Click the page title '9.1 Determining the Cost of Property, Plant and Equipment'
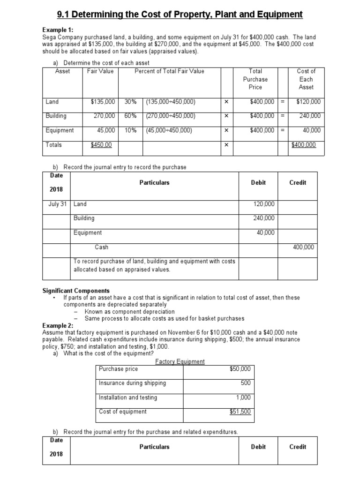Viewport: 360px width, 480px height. [x=180, y=15]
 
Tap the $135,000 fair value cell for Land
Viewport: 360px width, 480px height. [x=103, y=101]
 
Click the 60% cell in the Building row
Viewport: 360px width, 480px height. [x=131, y=116]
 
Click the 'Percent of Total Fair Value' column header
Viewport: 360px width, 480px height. [x=169, y=71]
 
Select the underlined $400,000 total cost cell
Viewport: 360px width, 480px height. [x=304, y=145]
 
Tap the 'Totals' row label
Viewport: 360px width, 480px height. [x=54, y=145]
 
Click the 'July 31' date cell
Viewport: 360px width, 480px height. [x=58, y=204]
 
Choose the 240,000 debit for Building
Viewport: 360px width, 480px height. [x=263, y=218]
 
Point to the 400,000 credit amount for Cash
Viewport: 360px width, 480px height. [x=304, y=247]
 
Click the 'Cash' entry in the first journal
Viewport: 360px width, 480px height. [x=102, y=247]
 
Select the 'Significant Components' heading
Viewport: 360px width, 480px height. [x=76, y=291]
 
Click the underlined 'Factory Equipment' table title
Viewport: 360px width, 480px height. [x=180, y=361]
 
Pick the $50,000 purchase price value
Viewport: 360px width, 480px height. [x=240, y=369]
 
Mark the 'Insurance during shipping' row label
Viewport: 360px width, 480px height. [x=132, y=383]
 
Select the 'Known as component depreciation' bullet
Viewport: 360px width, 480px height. [x=129, y=311]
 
